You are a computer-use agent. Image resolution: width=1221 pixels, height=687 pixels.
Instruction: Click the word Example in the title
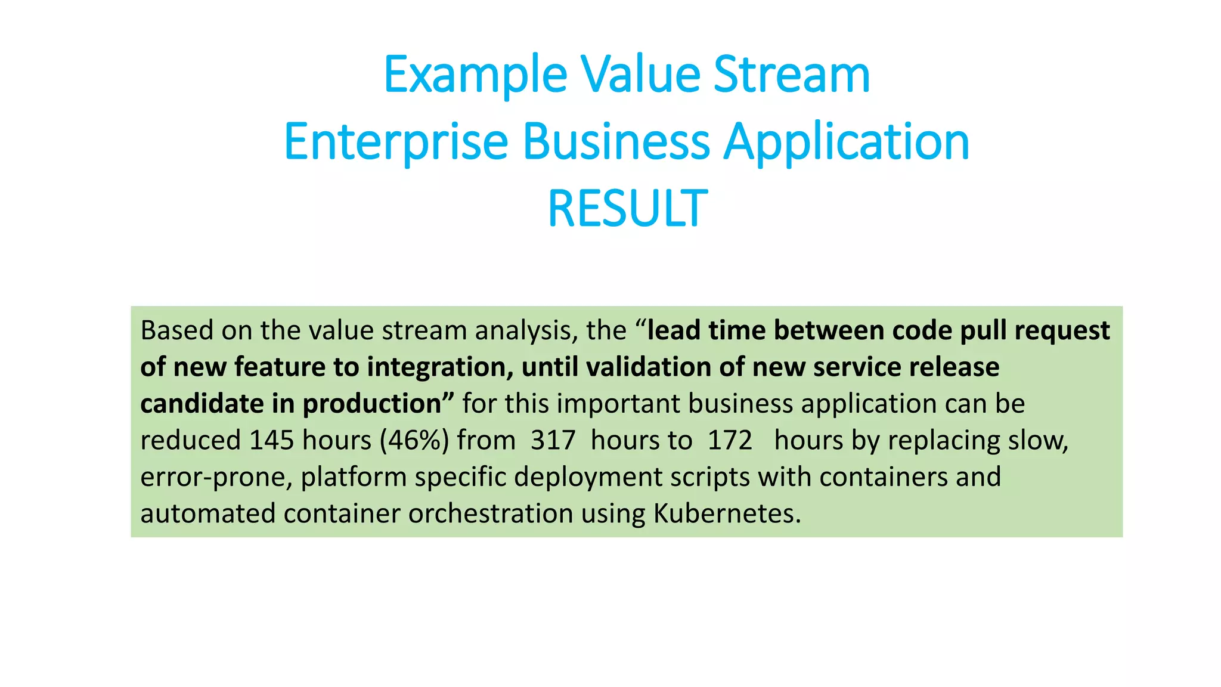click(x=475, y=75)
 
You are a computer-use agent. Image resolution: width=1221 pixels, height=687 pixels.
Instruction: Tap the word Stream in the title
click(x=791, y=75)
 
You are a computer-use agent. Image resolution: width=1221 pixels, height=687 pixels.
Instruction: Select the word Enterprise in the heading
click(x=396, y=142)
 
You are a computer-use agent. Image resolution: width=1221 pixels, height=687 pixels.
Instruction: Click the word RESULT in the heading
click(x=627, y=209)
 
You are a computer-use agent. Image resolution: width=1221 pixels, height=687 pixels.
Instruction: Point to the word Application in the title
click(x=846, y=142)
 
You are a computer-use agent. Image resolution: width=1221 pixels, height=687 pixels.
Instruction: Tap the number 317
click(x=553, y=440)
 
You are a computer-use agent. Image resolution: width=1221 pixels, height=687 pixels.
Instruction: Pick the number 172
click(x=730, y=440)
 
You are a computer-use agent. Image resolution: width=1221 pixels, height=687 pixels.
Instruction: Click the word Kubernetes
click(x=727, y=513)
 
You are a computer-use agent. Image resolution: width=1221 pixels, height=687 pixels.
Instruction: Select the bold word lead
click(x=674, y=330)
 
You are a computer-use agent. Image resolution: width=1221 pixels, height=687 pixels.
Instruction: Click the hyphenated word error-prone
click(x=216, y=477)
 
